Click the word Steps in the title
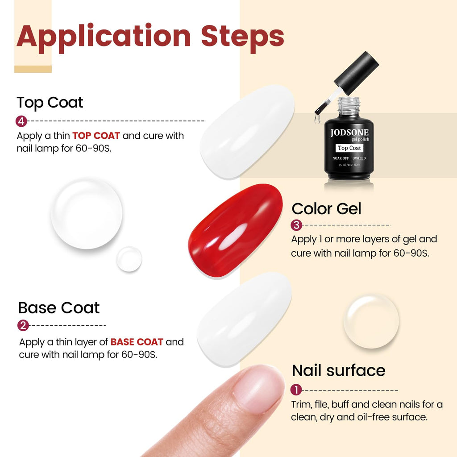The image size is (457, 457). (x=242, y=37)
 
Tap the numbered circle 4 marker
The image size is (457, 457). (x=21, y=121)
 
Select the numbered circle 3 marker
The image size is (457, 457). (x=296, y=225)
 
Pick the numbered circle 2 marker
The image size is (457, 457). (x=23, y=325)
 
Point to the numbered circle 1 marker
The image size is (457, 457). (x=296, y=390)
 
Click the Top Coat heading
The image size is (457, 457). (x=50, y=103)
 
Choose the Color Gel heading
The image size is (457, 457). (x=326, y=208)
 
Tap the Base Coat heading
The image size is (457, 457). (x=58, y=308)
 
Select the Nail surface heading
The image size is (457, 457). (x=338, y=370)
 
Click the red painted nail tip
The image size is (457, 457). (x=235, y=230)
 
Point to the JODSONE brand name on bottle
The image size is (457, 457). (x=349, y=133)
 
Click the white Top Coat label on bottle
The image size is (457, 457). (x=349, y=148)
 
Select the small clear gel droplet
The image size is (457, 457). (x=129, y=259)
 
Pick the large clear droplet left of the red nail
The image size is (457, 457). (x=87, y=213)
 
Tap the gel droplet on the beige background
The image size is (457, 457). (x=371, y=321)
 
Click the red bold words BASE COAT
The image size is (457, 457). (x=137, y=342)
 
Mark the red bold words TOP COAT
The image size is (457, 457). (x=96, y=136)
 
